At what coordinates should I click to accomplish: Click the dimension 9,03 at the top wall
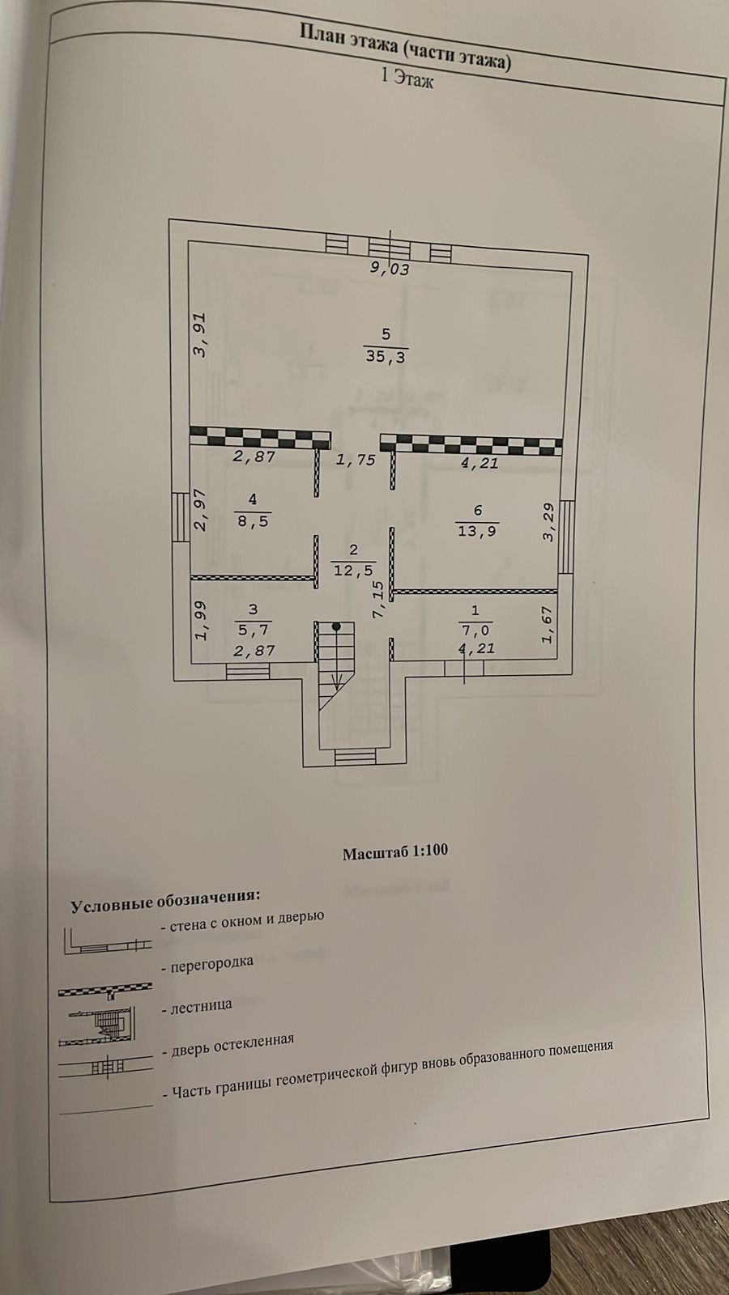[x=390, y=269]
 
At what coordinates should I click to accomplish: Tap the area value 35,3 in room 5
[x=386, y=356]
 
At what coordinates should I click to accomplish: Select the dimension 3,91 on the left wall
[x=201, y=334]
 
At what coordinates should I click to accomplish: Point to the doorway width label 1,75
[x=356, y=460]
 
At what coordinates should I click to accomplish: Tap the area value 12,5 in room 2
[x=353, y=569]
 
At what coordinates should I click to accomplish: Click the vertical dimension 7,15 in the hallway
[x=378, y=600]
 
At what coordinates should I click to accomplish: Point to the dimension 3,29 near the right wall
[x=549, y=522]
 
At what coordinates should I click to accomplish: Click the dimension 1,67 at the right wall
[x=547, y=625]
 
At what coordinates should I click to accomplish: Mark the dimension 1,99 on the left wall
[x=202, y=619]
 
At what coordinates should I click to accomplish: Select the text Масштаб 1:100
[x=394, y=851]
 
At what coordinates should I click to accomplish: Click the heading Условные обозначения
[x=165, y=900]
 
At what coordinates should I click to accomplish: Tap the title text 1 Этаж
[x=407, y=79]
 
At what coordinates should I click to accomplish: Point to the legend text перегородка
[x=207, y=963]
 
